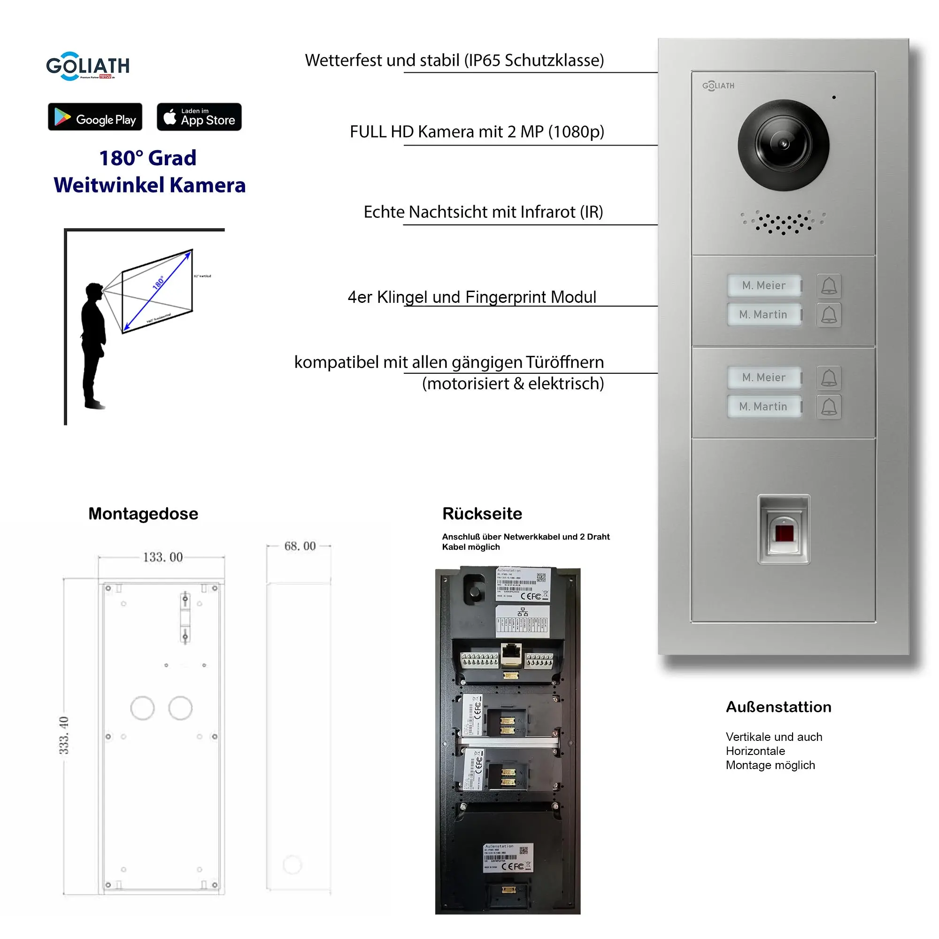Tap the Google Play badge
pos(95,117)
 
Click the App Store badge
pos(199,117)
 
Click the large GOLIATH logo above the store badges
pos(87,66)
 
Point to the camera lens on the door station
pos(783,145)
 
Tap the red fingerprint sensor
pos(784,533)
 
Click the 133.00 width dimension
pos(162,557)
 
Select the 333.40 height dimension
pos(64,735)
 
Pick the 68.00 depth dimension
pos(300,546)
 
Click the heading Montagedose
pos(143,514)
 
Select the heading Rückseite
pos(482,514)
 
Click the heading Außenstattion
pos(778,707)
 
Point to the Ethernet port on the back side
pos(511,654)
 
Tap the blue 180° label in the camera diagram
pos(158,282)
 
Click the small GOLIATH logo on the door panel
pos(718,86)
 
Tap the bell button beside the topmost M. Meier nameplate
pos(829,286)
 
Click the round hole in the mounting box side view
pos(292,865)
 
